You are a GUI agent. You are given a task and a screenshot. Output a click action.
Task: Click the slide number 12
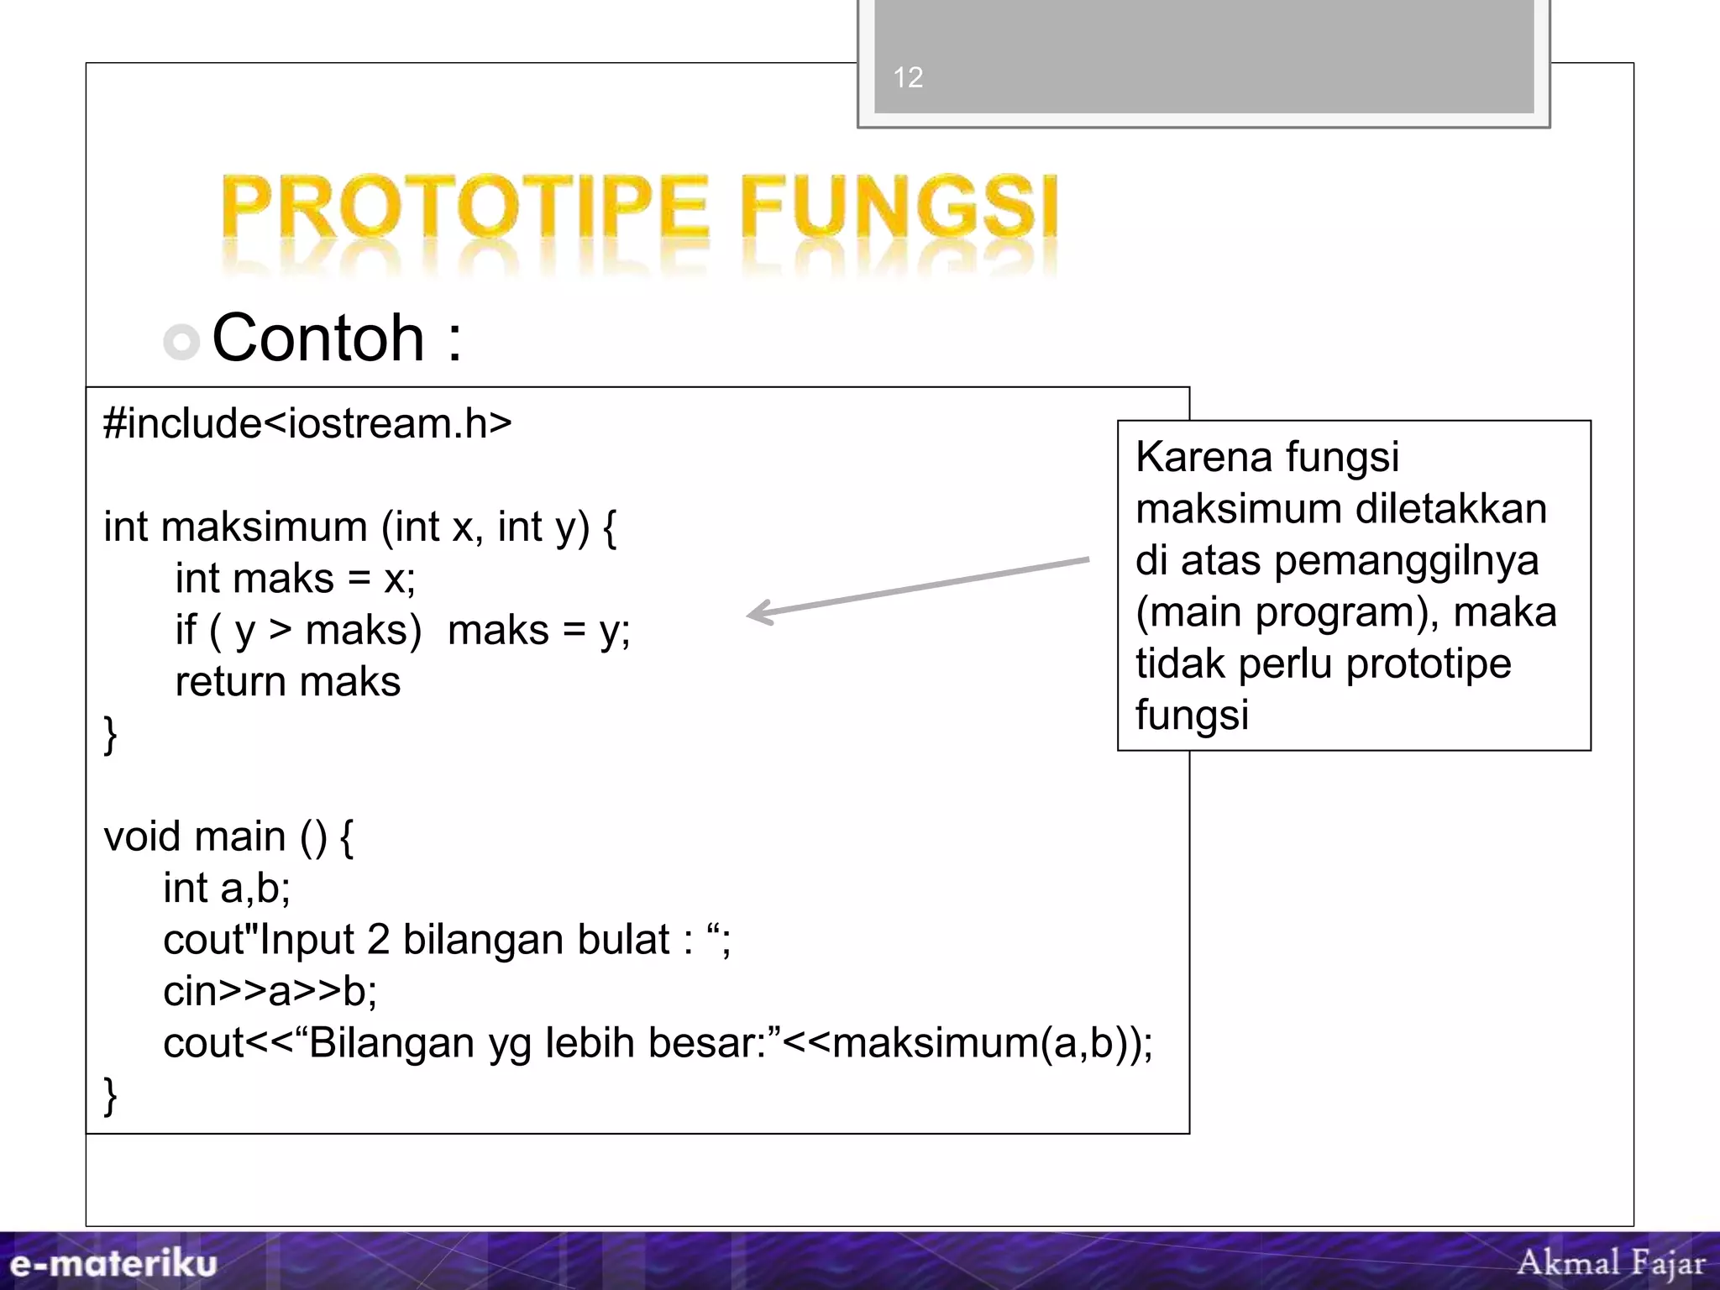point(908,77)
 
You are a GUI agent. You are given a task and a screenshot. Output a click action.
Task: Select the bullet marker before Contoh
point(181,342)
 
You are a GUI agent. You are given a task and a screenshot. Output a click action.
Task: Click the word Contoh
point(318,338)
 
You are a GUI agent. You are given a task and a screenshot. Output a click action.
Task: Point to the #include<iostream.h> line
point(307,423)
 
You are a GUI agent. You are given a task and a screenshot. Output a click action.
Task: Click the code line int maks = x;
point(295,579)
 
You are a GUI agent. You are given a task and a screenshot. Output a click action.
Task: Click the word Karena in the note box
point(1202,458)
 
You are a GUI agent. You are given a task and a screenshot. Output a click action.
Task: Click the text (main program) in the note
point(1286,612)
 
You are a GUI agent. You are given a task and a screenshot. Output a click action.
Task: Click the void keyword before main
point(142,836)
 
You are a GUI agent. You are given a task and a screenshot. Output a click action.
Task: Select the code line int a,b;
point(227,889)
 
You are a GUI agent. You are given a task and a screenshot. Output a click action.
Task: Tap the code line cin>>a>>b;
point(270,992)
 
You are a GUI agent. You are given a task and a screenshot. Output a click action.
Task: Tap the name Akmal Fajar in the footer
point(1611,1262)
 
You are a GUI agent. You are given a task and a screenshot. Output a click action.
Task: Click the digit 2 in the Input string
point(378,940)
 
